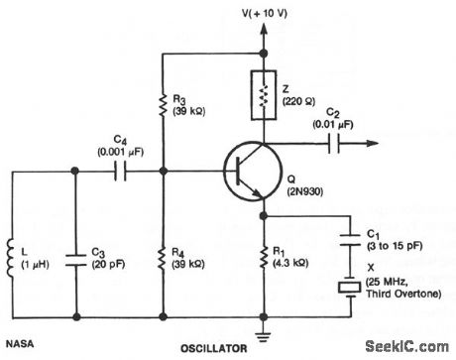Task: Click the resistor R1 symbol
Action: click(x=264, y=260)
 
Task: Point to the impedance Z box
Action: click(x=264, y=98)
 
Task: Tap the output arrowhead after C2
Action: click(x=373, y=143)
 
